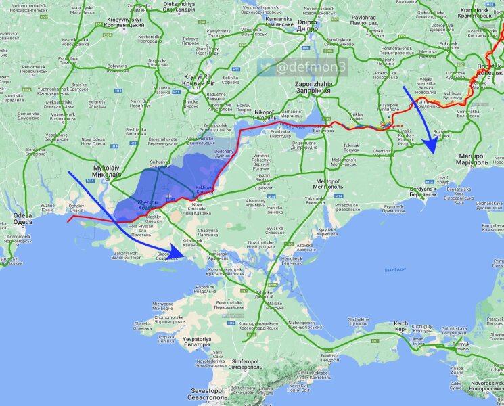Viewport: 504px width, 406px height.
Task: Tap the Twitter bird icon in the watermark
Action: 267,67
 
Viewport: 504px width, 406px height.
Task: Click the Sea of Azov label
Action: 394,270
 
